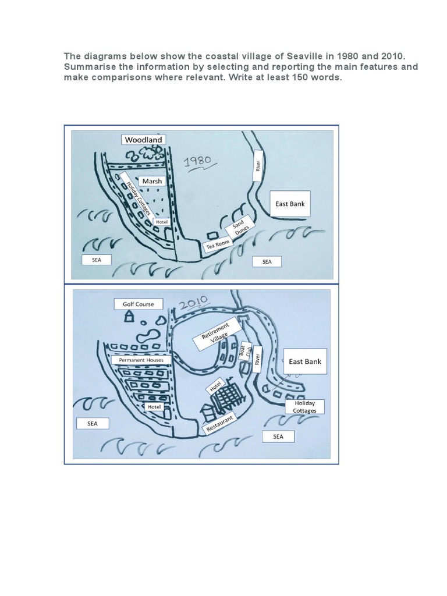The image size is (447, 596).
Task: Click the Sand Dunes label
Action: click(x=240, y=229)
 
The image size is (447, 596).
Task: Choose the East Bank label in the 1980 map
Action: click(x=290, y=204)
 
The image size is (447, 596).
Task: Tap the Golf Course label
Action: click(x=138, y=304)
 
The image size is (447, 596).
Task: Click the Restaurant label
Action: click(x=219, y=424)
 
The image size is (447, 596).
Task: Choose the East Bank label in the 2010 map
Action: click(x=305, y=361)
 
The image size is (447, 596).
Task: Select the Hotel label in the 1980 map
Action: click(x=161, y=222)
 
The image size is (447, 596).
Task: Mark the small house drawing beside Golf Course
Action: click(x=130, y=317)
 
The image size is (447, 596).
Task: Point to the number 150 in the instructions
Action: click(x=280, y=77)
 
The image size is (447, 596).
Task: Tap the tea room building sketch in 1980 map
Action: click(x=210, y=235)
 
